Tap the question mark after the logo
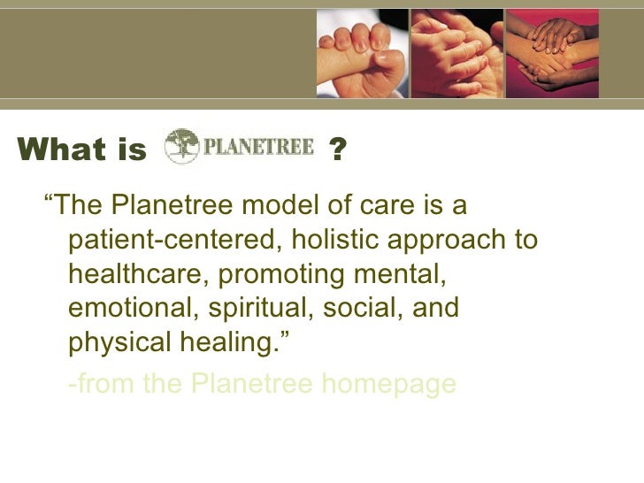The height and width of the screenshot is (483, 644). (336, 149)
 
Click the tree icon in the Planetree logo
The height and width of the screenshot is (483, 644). (182, 146)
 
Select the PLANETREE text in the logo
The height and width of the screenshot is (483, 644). (258, 147)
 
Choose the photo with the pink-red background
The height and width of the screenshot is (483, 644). (551, 50)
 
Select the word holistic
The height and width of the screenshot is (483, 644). (335, 241)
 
